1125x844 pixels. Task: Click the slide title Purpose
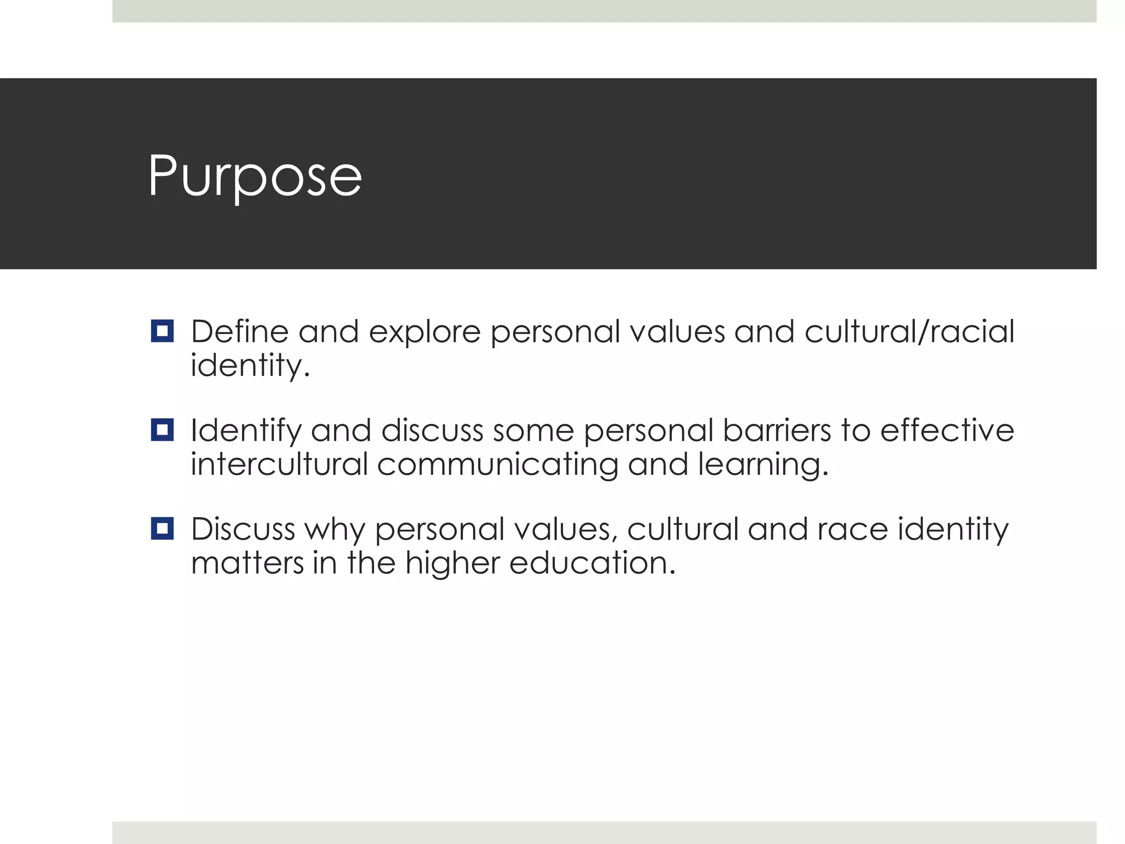pyautogui.click(x=255, y=176)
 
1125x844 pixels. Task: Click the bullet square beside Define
pyautogui.click(x=162, y=331)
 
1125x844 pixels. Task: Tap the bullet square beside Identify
pyautogui.click(x=162, y=430)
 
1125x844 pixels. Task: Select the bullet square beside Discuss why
pyautogui.click(x=162, y=529)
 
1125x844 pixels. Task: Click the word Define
pyautogui.click(x=240, y=332)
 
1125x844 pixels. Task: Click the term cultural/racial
pyautogui.click(x=909, y=332)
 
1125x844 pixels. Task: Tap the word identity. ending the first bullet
pyautogui.click(x=250, y=365)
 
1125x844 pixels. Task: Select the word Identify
pyautogui.click(x=246, y=431)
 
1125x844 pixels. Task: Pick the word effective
pyautogui.click(x=947, y=430)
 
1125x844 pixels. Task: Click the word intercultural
pyautogui.click(x=279, y=464)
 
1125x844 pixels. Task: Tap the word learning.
pyautogui.click(x=763, y=465)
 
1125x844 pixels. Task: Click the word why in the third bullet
pyautogui.click(x=335, y=530)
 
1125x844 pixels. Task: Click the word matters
pyautogui.click(x=247, y=563)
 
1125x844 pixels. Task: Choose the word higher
pyautogui.click(x=452, y=564)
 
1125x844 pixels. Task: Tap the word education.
pyautogui.click(x=592, y=563)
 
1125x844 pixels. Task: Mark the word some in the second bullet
pyautogui.click(x=533, y=431)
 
